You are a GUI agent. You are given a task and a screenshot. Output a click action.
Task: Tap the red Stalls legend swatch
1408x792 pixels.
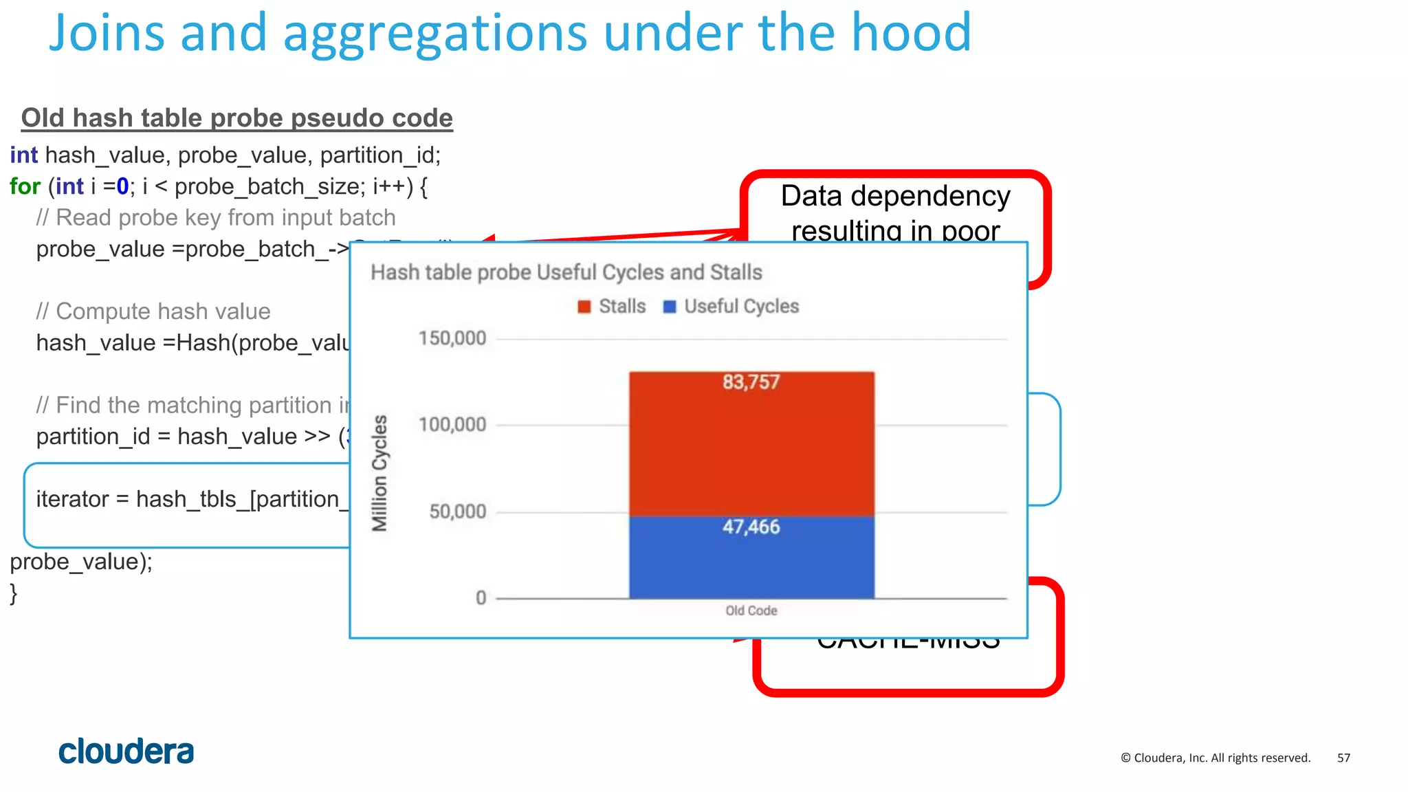tap(584, 307)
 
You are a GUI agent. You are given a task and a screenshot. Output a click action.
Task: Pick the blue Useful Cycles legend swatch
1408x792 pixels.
tap(670, 307)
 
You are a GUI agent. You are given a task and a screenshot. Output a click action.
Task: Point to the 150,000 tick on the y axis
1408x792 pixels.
tap(452, 338)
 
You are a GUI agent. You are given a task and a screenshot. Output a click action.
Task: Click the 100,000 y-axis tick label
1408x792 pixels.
tap(452, 425)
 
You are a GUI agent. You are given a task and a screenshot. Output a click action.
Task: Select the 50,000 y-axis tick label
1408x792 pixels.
tap(458, 511)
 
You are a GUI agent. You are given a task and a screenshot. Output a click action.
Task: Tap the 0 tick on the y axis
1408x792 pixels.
tap(481, 598)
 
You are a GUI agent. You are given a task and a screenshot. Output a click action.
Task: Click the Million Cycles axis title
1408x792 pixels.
tap(379, 473)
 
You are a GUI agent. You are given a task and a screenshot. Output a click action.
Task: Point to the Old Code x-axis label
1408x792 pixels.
tap(751, 610)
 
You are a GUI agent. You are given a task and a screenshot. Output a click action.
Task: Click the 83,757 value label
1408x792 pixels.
tap(751, 382)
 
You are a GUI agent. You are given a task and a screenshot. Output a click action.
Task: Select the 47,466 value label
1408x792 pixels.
tap(751, 527)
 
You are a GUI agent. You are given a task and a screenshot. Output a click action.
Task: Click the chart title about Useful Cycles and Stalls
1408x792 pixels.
tap(566, 272)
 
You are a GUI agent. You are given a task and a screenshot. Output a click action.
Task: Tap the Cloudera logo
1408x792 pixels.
tap(126, 751)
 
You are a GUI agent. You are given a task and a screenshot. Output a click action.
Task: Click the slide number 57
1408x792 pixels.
tap(1343, 758)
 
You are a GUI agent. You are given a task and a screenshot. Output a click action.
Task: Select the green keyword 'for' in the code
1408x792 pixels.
tap(25, 186)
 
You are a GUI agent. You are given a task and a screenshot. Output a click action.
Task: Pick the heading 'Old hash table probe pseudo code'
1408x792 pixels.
tap(237, 118)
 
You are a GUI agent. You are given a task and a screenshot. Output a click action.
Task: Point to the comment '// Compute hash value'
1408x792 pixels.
tap(153, 311)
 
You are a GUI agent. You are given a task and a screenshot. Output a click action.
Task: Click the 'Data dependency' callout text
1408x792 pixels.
tap(895, 197)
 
